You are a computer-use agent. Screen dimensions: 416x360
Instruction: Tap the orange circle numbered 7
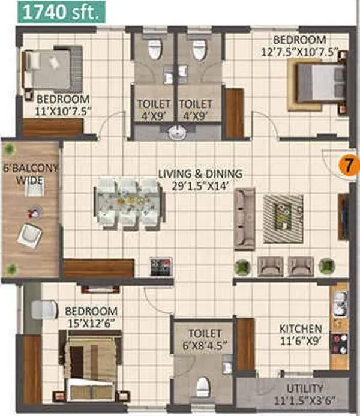click(346, 164)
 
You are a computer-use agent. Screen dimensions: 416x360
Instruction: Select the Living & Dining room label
click(200, 179)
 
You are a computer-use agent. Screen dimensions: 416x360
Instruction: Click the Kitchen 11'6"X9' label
click(300, 334)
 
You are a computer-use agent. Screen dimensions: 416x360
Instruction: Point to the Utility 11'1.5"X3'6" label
click(304, 394)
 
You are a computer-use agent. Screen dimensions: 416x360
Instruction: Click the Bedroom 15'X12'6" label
click(91, 316)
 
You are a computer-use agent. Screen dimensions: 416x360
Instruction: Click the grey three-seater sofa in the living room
click(243, 219)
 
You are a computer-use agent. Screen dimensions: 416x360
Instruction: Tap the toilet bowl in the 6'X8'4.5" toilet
click(204, 382)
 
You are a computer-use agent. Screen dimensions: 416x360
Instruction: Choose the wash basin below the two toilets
click(176, 133)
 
